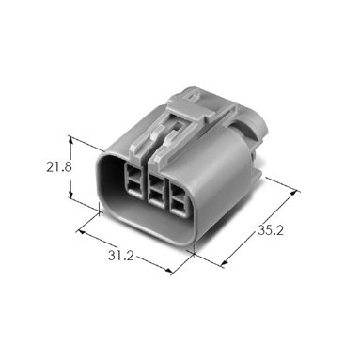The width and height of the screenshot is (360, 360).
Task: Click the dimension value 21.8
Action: pyautogui.click(x=59, y=167)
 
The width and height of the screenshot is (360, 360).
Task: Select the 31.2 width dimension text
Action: pyautogui.click(x=121, y=256)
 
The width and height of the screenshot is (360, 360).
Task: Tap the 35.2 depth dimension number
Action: pyautogui.click(x=271, y=230)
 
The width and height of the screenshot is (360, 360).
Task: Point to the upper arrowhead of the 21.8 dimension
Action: pyautogui.click(x=70, y=141)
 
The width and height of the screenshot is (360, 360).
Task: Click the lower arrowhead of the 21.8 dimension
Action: pyautogui.click(x=70, y=195)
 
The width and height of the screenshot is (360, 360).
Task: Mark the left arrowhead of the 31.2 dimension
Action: pyautogui.click(x=81, y=232)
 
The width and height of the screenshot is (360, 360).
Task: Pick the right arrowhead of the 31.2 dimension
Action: pyautogui.click(x=168, y=271)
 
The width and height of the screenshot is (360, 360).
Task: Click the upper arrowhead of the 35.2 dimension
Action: pyautogui.click(x=293, y=194)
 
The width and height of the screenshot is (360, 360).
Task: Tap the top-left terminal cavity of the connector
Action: pyautogui.click(x=133, y=171)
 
